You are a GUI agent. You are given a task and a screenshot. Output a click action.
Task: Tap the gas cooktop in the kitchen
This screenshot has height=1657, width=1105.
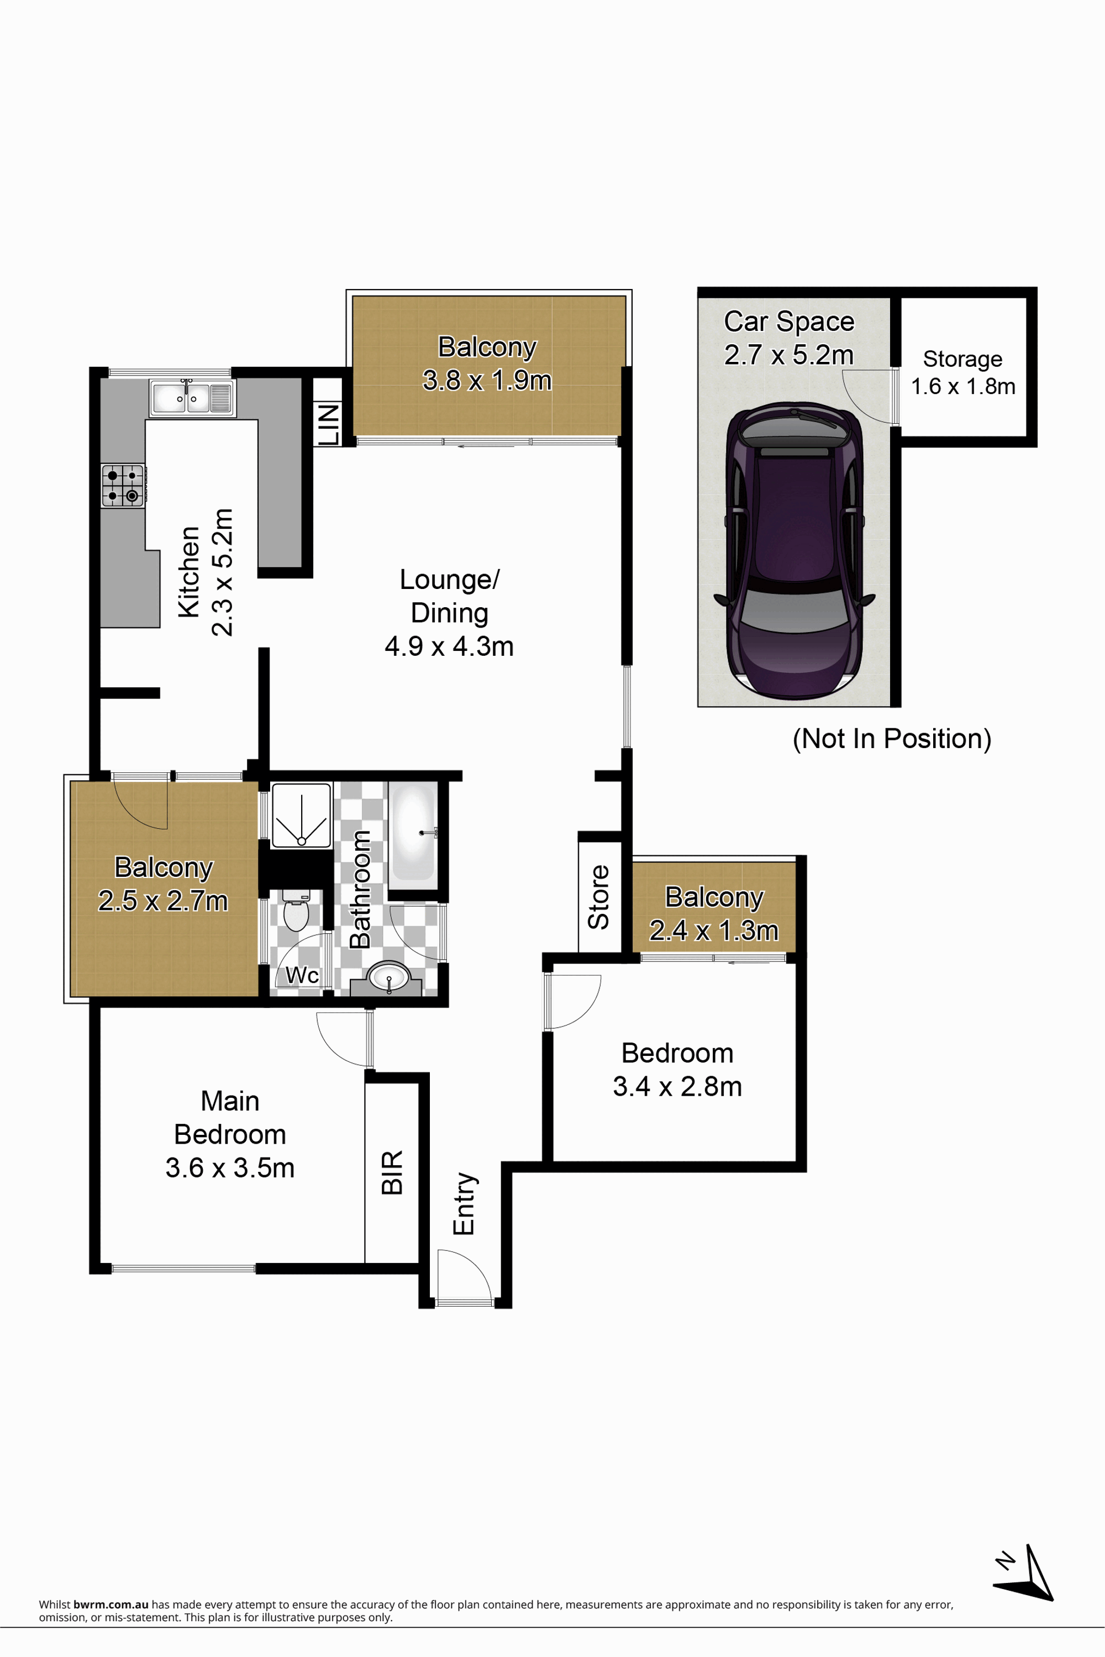[x=123, y=485]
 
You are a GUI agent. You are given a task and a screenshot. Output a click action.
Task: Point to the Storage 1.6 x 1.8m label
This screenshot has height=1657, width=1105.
[x=962, y=372]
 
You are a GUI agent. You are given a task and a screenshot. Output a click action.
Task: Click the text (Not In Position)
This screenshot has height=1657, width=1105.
[x=892, y=739]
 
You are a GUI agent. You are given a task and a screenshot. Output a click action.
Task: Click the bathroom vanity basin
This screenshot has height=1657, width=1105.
[x=389, y=977]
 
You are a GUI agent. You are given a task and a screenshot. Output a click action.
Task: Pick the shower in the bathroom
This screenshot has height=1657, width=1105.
[x=301, y=815]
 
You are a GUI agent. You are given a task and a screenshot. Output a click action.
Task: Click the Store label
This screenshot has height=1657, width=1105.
[x=599, y=897]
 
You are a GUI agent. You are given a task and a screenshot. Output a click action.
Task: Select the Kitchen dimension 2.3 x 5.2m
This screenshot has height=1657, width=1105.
[x=223, y=572]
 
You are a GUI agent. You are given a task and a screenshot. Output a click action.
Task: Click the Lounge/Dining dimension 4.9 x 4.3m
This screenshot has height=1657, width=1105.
[x=449, y=646]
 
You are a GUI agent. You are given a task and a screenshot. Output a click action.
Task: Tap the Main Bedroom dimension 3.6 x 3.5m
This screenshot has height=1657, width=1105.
[x=230, y=1168]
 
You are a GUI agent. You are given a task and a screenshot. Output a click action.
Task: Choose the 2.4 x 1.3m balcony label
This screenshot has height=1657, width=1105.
[x=714, y=930]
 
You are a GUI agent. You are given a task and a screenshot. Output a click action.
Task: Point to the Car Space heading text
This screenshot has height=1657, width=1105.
[x=790, y=322]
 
